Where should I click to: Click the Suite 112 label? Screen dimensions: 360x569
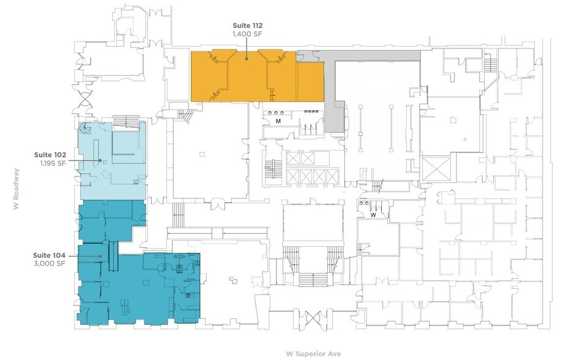coord(247,25)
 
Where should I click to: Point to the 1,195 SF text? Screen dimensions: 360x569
coord(53,163)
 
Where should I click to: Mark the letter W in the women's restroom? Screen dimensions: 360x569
coord(371,214)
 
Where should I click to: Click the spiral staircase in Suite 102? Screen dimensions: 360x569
coord(85,129)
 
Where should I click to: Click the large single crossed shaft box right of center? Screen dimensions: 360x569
coord(435,168)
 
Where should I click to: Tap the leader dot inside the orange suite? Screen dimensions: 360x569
coord(247,59)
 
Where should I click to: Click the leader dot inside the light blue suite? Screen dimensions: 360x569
coord(100,160)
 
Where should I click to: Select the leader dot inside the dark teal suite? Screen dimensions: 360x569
coord(100,256)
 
